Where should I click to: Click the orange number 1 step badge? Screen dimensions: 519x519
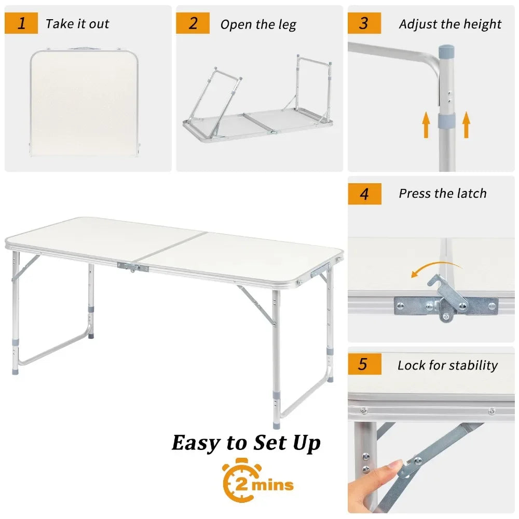21,23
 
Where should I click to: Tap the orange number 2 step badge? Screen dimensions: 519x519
193,23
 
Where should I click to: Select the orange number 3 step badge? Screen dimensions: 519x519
364,23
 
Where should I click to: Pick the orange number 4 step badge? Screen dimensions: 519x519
364,194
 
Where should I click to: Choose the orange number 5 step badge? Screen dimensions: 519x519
364,364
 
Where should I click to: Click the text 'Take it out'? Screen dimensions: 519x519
77,24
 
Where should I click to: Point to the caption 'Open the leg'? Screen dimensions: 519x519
258,24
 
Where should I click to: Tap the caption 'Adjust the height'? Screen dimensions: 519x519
450,24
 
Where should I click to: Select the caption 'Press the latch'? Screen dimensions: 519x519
442,194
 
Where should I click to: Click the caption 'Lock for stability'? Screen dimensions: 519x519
447,365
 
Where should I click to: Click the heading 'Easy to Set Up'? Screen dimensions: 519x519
246,443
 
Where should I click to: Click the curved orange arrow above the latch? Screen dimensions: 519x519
435,268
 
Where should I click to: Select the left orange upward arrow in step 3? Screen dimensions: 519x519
426,125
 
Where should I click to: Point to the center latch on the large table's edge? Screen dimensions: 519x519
133,267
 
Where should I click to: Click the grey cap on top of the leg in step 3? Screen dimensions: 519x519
446,52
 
